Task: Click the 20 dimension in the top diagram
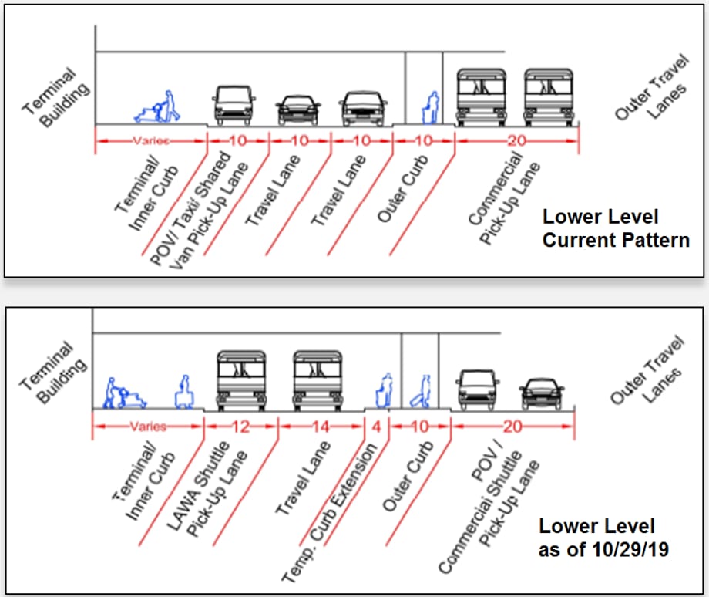pyautogui.click(x=517, y=140)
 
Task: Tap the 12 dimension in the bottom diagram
pyautogui.click(x=240, y=427)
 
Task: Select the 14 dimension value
pyautogui.click(x=321, y=427)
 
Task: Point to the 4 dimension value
pyautogui.click(x=377, y=427)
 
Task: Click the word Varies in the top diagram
pyautogui.click(x=151, y=140)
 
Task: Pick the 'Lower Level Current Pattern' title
pyautogui.click(x=616, y=228)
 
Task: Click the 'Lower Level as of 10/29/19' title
pyautogui.click(x=603, y=538)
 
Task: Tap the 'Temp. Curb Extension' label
pyautogui.click(x=329, y=513)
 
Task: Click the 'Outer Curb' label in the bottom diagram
pyautogui.click(x=408, y=476)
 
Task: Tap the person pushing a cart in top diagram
pyautogui.click(x=157, y=106)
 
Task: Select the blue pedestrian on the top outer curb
pyautogui.click(x=431, y=108)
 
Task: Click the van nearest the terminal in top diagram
pyautogui.click(x=234, y=106)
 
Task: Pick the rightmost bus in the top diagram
pyautogui.click(x=549, y=97)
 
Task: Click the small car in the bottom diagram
pyautogui.click(x=541, y=394)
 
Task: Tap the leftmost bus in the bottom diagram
pyautogui.click(x=241, y=381)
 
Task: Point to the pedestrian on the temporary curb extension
pyautogui.click(x=385, y=390)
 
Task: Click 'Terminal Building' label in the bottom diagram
pyautogui.click(x=53, y=373)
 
